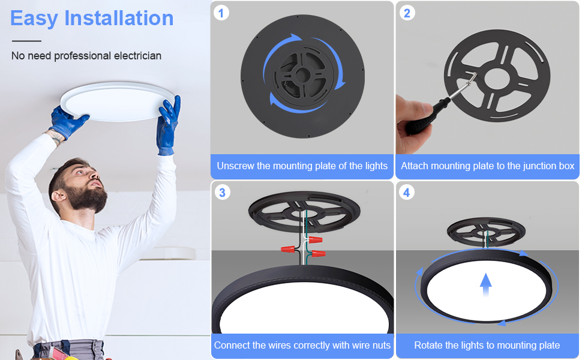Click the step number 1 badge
click(222, 12)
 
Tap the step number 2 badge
click(407, 12)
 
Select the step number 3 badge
click(222, 192)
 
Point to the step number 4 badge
click(407, 192)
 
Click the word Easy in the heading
click(34, 18)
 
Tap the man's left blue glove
click(67, 120)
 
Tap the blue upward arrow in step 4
click(486, 284)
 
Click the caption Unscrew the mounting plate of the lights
click(302, 166)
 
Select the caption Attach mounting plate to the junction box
click(487, 166)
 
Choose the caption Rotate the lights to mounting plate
click(487, 345)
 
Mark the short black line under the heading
click(26, 41)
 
